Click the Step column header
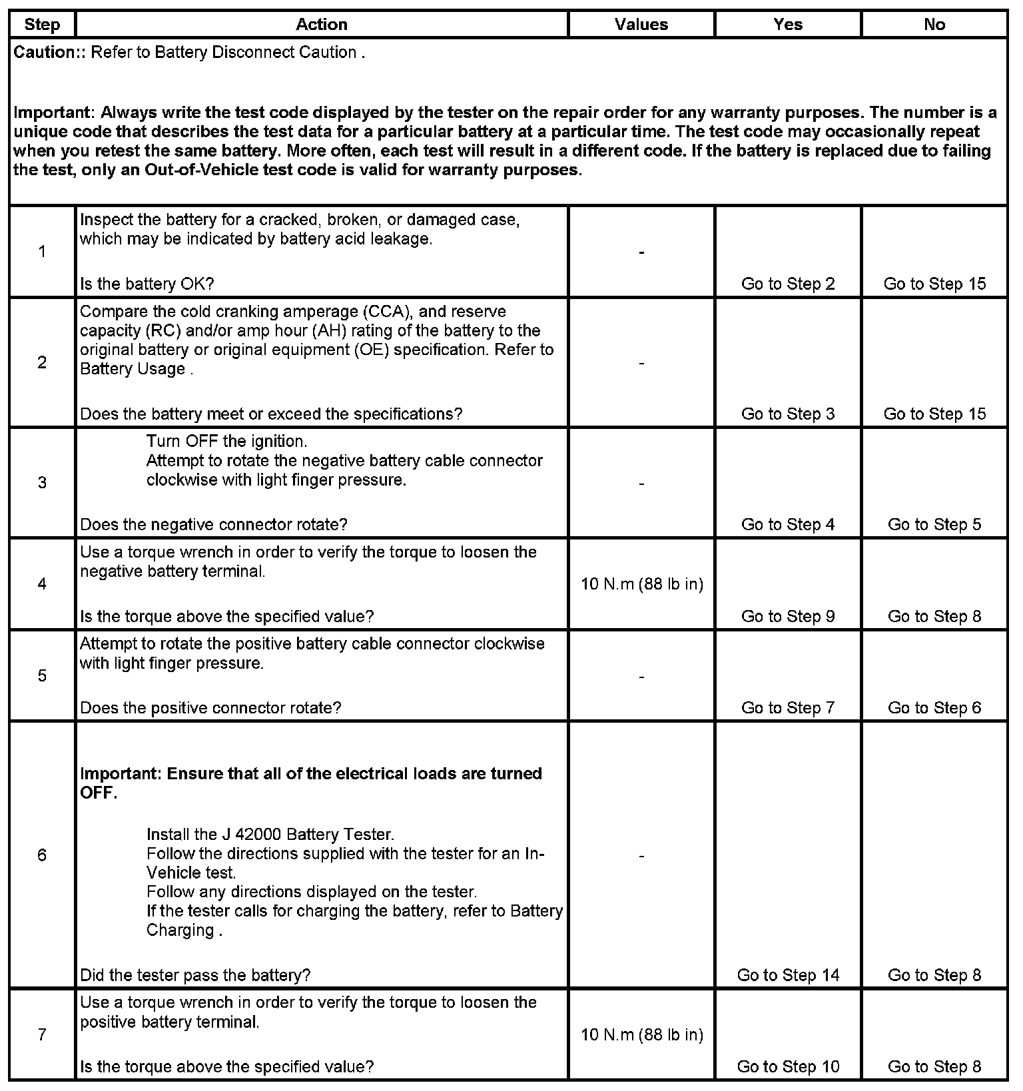point(42,25)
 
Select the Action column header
point(322,25)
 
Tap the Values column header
point(641,25)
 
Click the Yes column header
point(788,25)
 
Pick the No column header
point(934,25)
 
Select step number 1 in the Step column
point(42,252)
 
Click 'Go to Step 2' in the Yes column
point(788,284)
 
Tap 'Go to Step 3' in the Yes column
point(788,414)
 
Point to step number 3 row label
point(42,482)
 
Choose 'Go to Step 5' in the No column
point(934,524)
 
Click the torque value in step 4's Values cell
point(642,584)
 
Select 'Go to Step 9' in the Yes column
point(788,616)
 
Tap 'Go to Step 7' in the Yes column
point(788,707)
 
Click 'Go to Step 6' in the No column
point(934,707)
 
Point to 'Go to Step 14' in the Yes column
point(788,975)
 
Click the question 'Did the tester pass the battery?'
point(195,975)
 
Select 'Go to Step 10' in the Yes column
point(788,1066)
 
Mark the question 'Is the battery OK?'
point(147,284)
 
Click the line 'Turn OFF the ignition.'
point(226,441)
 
